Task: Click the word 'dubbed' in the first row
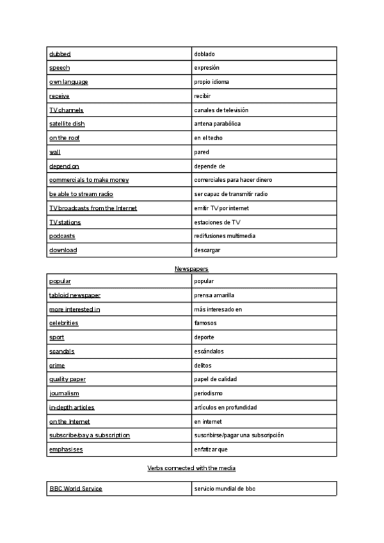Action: [x=60, y=54]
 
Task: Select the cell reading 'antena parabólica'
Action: [x=218, y=124]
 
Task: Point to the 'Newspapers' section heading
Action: [x=191, y=269]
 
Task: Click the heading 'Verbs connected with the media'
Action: [x=191, y=469]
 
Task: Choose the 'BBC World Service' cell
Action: [x=76, y=489]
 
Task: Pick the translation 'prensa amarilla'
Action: [x=214, y=295]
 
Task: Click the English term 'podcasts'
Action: [x=62, y=236]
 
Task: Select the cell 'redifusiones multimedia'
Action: [x=225, y=236]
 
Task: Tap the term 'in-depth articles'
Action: [x=72, y=407]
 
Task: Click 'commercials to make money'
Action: [x=89, y=180]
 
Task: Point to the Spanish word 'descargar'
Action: [x=207, y=250]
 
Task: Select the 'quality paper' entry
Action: [x=67, y=379]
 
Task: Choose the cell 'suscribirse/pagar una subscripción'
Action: [x=239, y=435]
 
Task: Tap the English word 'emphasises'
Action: [x=66, y=450]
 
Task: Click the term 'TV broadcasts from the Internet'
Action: [x=93, y=208]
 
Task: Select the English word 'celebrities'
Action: [x=63, y=323]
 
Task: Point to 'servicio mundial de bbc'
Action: [x=225, y=489]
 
